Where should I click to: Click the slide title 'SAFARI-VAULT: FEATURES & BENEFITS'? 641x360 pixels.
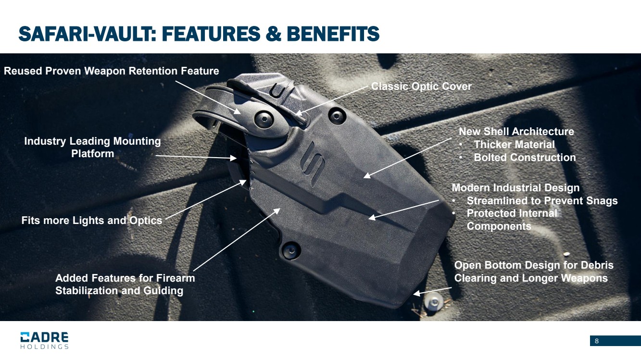[199, 34]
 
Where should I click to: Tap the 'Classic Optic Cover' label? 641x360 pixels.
[421, 87]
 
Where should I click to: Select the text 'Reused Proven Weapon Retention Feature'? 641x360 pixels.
[111, 71]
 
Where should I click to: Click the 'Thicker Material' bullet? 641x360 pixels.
[514, 144]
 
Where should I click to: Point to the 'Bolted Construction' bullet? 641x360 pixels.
[525, 158]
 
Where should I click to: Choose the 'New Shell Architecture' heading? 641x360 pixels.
[516, 132]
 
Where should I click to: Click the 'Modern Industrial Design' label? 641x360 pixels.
[515, 188]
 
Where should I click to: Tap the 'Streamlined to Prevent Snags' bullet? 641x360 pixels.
[542, 201]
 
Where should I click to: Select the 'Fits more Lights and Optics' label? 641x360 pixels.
[92, 221]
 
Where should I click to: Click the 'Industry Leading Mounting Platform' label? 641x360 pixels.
[92, 147]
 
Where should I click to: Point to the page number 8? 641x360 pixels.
[597, 341]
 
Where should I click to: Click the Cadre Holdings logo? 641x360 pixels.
[44, 340]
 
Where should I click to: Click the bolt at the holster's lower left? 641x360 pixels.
[291, 250]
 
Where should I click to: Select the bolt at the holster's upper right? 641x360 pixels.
[337, 116]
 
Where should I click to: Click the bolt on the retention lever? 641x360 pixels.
[264, 119]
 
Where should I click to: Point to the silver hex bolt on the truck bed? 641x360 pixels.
[433, 302]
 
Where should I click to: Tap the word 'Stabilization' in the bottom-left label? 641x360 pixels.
[88, 290]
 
